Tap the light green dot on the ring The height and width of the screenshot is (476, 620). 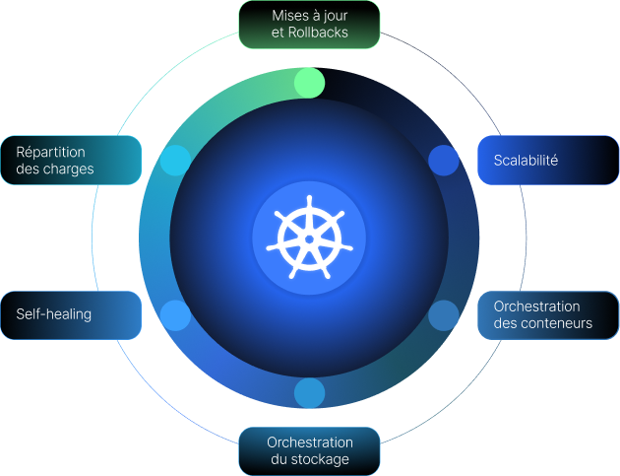(309, 83)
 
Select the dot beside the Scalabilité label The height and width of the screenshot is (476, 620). (444, 160)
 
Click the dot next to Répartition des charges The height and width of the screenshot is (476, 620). (175, 160)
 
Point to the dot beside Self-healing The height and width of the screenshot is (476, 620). (175, 314)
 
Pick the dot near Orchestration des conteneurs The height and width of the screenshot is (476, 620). (444, 314)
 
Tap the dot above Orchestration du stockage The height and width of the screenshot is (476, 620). (309, 392)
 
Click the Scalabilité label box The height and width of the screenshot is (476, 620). (547, 160)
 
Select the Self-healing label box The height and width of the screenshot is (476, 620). (71, 314)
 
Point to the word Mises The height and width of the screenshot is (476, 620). (289, 16)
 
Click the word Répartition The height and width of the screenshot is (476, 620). (50, 152)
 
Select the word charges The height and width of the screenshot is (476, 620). (68, 169)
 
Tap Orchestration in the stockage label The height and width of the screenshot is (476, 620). (309, 442)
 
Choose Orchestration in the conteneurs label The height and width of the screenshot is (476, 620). (536, 306)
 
